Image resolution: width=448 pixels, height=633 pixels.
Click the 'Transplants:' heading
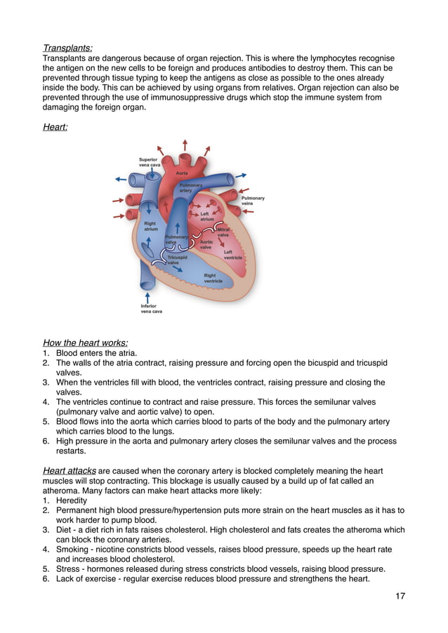click(67, 48)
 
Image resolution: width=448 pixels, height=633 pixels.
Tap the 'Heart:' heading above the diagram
click(55, 128)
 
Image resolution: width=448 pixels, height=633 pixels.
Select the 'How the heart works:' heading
click(85, 343)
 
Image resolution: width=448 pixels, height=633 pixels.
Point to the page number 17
click(400, 597)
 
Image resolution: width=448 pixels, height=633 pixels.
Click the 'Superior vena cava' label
click(150, 162)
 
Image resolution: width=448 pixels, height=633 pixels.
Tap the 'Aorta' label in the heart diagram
click(181, 173)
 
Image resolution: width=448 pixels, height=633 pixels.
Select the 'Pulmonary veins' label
click(253, 201)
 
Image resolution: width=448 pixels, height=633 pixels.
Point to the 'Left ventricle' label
click(232, 254)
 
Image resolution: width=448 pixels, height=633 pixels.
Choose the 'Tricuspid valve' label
click(177, 260)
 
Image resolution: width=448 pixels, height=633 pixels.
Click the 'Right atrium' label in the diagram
click(150, 226)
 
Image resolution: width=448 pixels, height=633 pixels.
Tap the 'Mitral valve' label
click(224, 232)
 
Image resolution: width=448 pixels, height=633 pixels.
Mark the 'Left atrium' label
click(207, 216)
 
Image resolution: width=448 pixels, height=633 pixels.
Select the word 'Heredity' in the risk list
click(72, 501)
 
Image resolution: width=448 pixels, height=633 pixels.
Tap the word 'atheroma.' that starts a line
click(62, 491)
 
